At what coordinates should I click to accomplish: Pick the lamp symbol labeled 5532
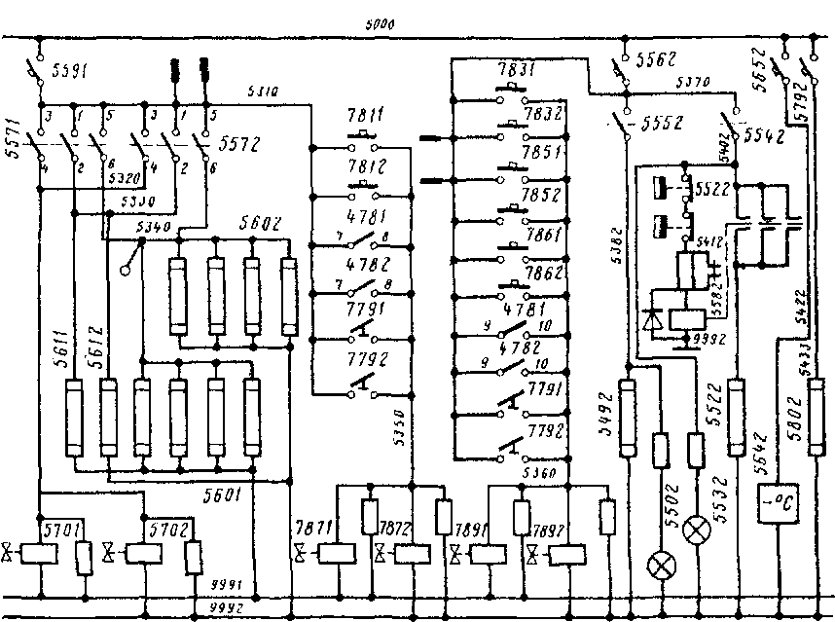point(696,531)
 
